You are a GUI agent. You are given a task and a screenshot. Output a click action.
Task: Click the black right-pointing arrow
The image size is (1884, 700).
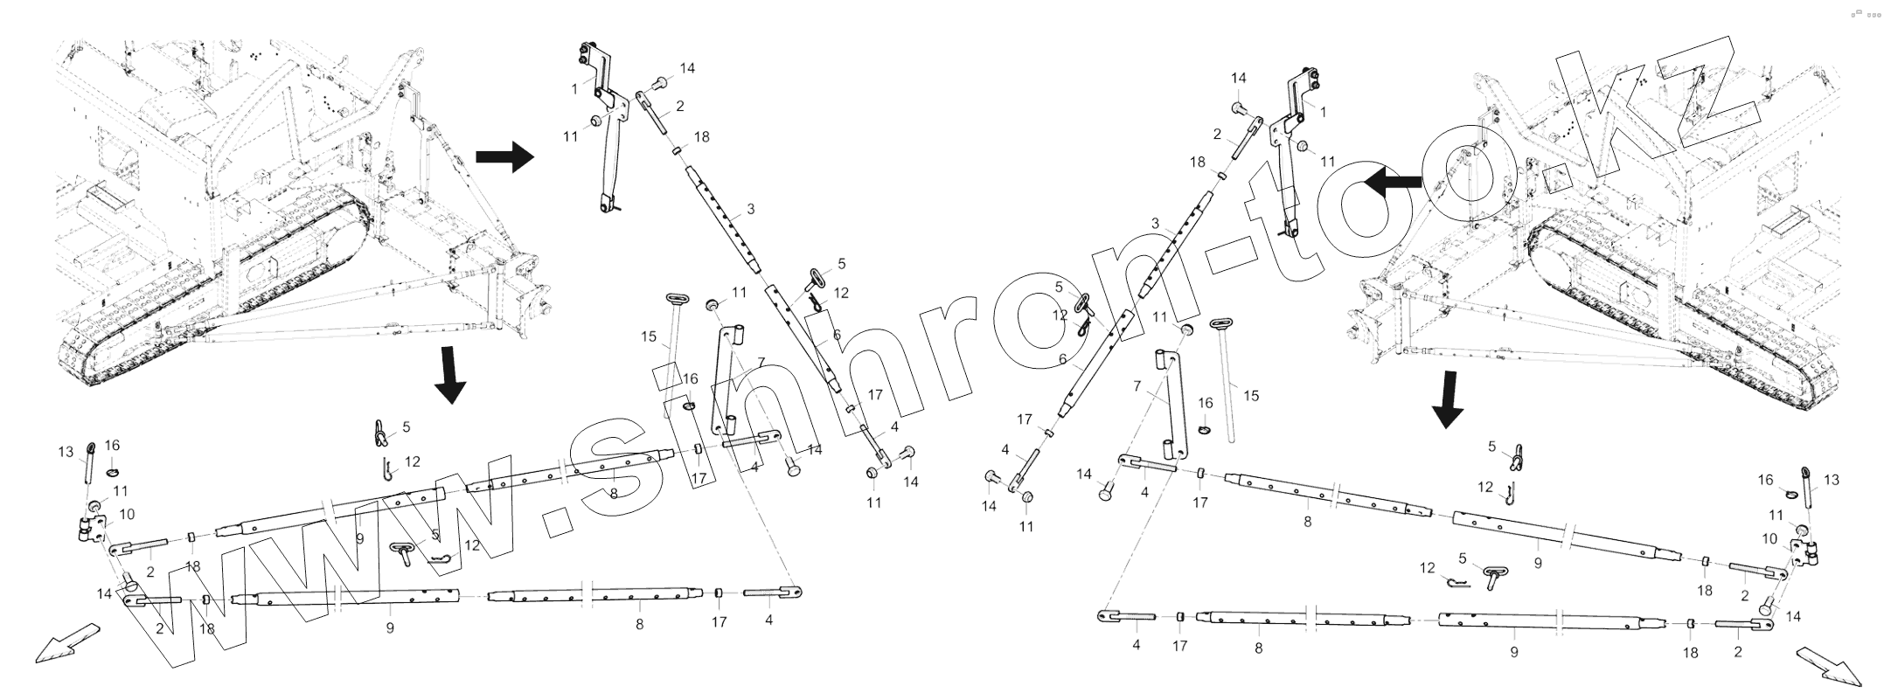pos(504,157)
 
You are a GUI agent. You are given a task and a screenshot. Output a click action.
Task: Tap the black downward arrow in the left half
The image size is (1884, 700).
pos(450,375)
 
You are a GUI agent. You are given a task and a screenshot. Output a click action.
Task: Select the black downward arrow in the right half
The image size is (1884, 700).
pos(1447,399)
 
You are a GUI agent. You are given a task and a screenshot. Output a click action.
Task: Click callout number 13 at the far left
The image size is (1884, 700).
pos(66,452)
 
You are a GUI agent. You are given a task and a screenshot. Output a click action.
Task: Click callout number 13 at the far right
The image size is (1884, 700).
pos(1832,480)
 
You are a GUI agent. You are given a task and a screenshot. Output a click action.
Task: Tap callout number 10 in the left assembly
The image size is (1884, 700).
pos(127,515)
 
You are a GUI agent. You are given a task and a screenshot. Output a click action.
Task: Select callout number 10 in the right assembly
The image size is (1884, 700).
pos(1770,538)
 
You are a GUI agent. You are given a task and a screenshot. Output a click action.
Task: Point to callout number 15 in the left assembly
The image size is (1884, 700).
pos(648,336)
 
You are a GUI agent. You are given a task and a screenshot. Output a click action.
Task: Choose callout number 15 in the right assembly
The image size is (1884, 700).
pos(1251,396)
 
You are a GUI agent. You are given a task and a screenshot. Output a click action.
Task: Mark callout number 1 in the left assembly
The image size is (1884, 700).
pos(574,88)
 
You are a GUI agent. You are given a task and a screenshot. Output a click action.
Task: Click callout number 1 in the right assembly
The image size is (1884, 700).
pos(1323,113)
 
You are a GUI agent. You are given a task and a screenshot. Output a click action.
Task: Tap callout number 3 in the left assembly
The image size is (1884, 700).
pos(750,210)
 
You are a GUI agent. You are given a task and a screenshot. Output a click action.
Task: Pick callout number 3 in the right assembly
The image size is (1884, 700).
pos(1155,225)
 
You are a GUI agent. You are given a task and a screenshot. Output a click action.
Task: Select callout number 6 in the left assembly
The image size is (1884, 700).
pos(836,335)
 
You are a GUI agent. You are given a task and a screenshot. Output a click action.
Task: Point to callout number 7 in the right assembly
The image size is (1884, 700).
pos(1137,385)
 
